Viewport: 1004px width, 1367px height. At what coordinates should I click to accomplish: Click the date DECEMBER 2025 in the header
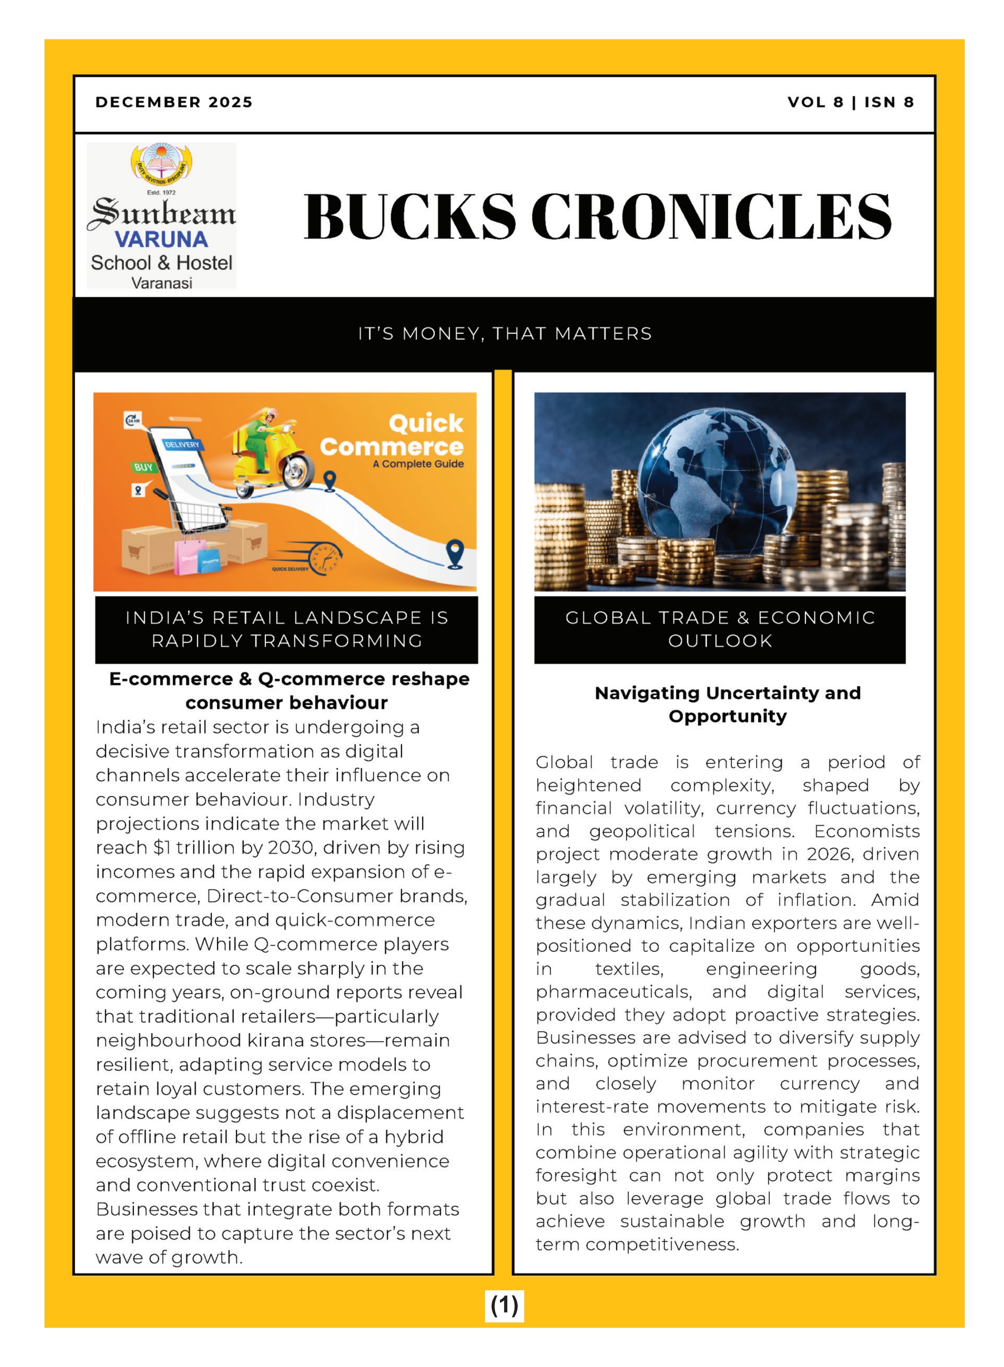tap(174, 102)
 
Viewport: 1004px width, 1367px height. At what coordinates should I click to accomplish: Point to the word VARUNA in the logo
tap(161, 239)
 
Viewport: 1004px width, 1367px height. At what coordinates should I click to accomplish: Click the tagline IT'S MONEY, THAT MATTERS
tap(504, 334)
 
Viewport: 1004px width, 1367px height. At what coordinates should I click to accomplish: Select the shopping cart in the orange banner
tap(200, 517)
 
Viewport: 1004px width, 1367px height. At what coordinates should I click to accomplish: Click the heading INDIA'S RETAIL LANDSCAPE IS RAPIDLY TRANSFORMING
tap(287, 629)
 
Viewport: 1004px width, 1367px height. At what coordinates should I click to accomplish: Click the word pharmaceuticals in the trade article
tap(613, 992)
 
